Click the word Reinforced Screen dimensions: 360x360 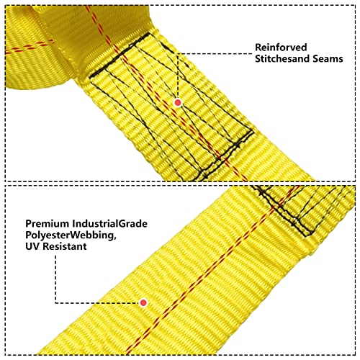[x=281, y=48]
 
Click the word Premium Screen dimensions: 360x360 [x=48, y=224]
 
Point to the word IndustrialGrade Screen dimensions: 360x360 [x=110, y=224]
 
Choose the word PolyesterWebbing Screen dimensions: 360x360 [x=70, y=235]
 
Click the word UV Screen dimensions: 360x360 [x=32, y=246]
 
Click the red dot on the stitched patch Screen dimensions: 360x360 [x=178, y=103]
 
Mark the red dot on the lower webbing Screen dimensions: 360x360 [x=143, y=302]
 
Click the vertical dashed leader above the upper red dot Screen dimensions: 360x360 [x=178, y=76]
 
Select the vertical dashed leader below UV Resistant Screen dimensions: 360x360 [x=55, y=279]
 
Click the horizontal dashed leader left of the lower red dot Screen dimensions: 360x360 [x=97, y=303]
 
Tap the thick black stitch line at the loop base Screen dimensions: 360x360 [x=120, y=55]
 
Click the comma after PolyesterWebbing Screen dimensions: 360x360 [x=114, y=238]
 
